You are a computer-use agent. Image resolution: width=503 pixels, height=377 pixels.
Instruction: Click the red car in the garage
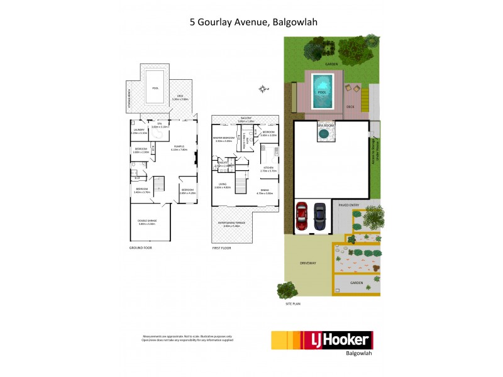click(x=302, y=216)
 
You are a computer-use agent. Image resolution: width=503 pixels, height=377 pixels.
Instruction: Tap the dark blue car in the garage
click(x=320, y=216)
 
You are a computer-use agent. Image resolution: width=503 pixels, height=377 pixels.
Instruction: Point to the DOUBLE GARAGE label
click(x=146, y=220)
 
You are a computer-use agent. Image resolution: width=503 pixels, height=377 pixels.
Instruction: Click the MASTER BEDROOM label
click(x=224, y=138)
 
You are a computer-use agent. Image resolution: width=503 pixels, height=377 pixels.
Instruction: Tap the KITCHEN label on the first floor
click(x=268, y=168)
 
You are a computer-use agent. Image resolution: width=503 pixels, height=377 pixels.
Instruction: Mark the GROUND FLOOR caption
click(x=140, y=248)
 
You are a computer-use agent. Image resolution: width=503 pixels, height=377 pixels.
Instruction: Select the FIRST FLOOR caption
click(x=223, y=248)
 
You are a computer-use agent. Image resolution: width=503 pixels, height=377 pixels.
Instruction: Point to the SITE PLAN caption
click(x=293, y=303)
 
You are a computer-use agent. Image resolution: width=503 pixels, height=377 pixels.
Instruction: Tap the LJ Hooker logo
click(x=321, y=341)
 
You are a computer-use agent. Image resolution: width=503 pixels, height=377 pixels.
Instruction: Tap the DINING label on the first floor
click(x=268, y=191)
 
